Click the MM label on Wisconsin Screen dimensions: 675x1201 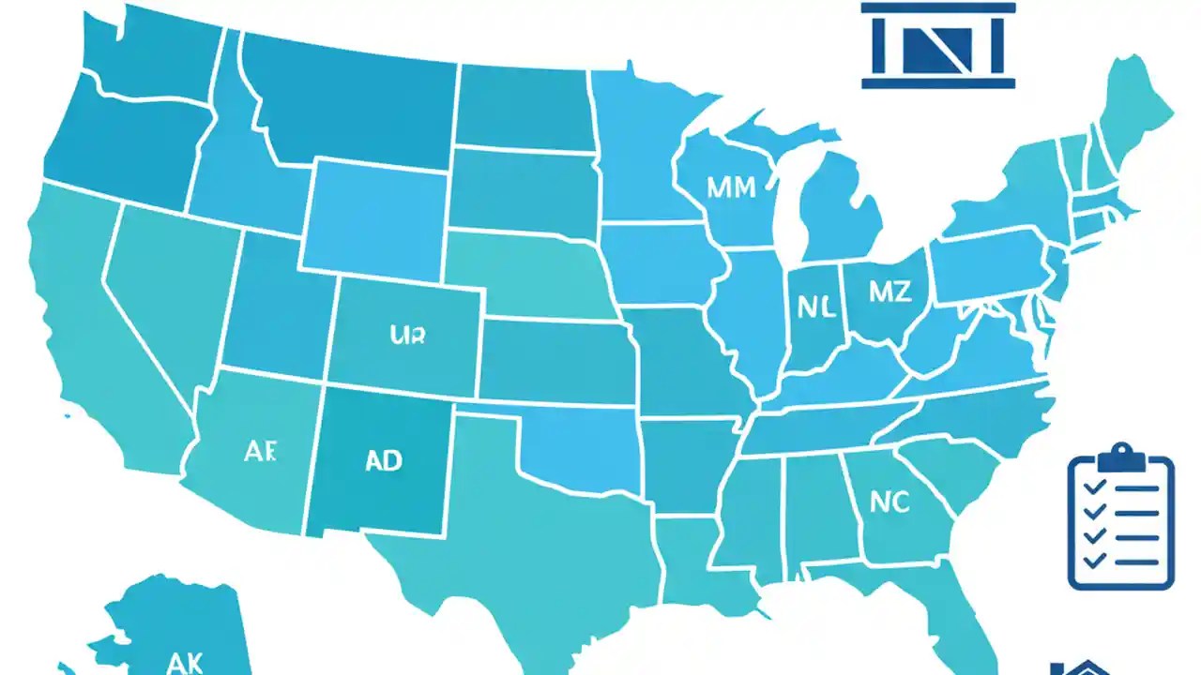[x=731, y=187]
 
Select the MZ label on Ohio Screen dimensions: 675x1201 [x=889, y=292]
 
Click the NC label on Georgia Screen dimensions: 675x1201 [x=889, y=502]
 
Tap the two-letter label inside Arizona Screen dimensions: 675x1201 [x=260, y=451]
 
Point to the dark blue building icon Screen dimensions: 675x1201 [x=938, y=47]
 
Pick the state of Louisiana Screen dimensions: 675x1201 [x=694, y=562]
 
